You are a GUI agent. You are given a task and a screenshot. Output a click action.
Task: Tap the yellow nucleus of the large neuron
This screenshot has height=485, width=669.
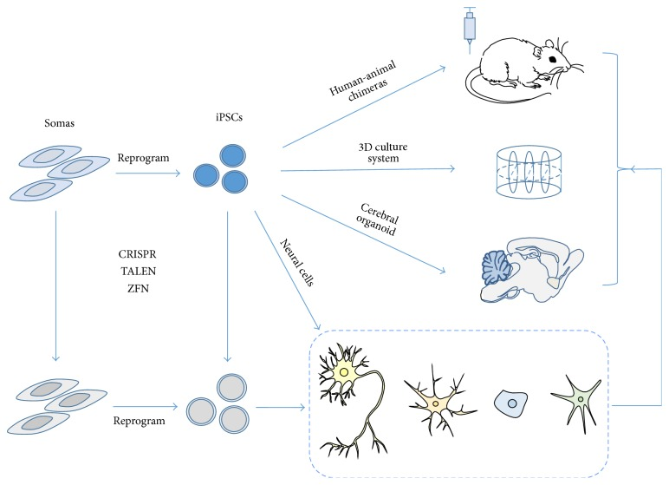click(345, 373)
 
